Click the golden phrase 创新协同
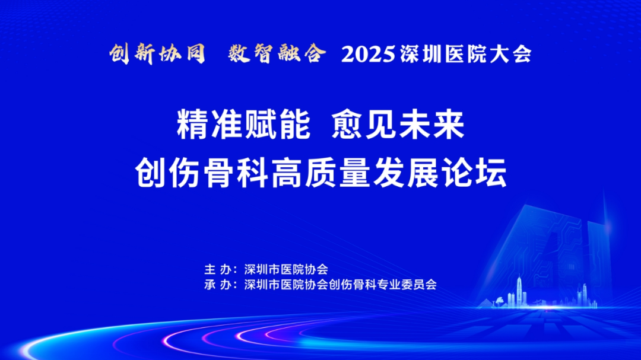click(157, 54)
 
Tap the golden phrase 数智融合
click(277, 54)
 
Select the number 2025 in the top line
click(369, 55)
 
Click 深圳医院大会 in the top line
click(466, 55)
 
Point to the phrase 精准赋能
click(244, 125)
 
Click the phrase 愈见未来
click(398, 125)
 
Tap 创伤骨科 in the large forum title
click(202, 172)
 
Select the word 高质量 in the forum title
click(320, 172)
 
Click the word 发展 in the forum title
click(405, 172)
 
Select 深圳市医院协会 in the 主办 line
click(286, 269)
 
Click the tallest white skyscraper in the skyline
click(519, 290)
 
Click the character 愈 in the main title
click(347, 125)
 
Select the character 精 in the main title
click(193, 125)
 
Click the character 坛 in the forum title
click(491, 172)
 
